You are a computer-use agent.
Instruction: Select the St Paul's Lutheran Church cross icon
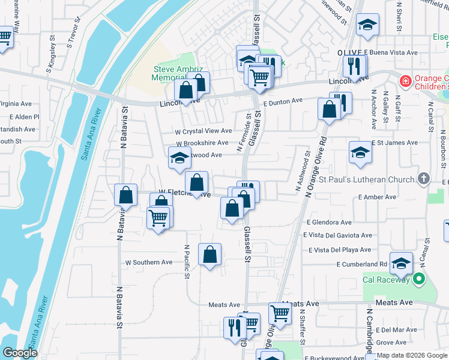pyautogui.click(x=424, y=179)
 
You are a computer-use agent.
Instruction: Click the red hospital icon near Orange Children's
pyautogui.click(x=406, y=80)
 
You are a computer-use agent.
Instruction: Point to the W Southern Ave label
pyautogui.click(x=148, y=262)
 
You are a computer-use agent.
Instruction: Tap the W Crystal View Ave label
pyautogui.click(x=203, y=131)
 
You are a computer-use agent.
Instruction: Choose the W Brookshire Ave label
pyautogui.click(x=202, y=143)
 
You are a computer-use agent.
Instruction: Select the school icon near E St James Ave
pyautogui.click(x=360, y=152)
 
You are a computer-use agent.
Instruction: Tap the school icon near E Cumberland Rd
pyautogui.click(x=401, y=262)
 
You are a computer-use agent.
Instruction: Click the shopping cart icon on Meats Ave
pyautogui.click(x=280, y=313)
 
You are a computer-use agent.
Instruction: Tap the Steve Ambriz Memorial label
pyautogui.click(x=170, y=73)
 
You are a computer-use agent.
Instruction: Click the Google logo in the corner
pyautogui.click(x=20, y=353)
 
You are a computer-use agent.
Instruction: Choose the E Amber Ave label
pyautogui.click(x=377, y=197)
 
